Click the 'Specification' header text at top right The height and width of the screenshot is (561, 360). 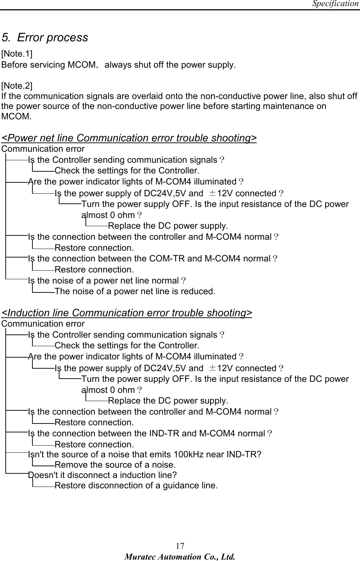coord(335,4)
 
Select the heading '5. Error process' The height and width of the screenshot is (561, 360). coord(45,37)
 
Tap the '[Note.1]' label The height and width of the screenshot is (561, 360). coord(17,54)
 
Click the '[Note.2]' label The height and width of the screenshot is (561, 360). coord(17,86)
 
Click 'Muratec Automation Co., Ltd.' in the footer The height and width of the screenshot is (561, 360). coord(180,556)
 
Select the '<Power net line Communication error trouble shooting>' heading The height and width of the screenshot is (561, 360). coord(129,138)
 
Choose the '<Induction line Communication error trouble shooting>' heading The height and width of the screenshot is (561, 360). coord(127,313)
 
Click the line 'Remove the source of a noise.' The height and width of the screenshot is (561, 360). coord(115,465)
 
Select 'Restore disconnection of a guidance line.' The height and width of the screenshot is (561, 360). coord(136,485)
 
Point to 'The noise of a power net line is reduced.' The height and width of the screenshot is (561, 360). coord(135,291)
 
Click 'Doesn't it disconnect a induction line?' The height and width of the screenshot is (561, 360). coord(103,475)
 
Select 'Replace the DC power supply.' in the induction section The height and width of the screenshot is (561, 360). coord(168,401)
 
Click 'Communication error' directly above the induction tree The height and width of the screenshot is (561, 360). coord(43,324)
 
